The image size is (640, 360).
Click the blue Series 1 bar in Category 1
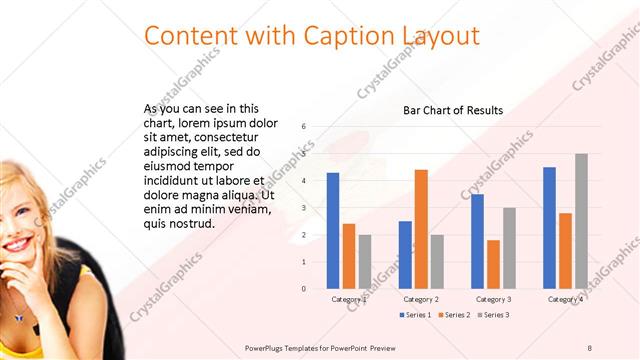pyautogui.click(x=333, y=231)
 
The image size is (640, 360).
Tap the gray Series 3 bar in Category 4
pyautogui.click(x=581, y=221)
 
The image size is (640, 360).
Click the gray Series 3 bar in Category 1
pyautogui.click(x=365, y=262)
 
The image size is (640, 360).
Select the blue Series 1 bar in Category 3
pyautogui.click(x=477, y=241)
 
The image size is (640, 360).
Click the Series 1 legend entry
pyautogui.click(x=418, y=315)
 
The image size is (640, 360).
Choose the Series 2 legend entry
pyautogui.click(x=456, y=315)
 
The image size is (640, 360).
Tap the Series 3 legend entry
pyautogui.click(x=494, y=315)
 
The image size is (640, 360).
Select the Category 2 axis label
pyautogui.click(x=421, y=299)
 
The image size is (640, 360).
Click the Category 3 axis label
pyautogui.click(x=493, y=299)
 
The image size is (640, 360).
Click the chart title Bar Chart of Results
pyautogui.click(x=453, y=110)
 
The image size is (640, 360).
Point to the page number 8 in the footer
pyautogui.click(x=589, y=347)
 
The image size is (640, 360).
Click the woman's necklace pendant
pyautogui.click(x=17, y=318)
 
